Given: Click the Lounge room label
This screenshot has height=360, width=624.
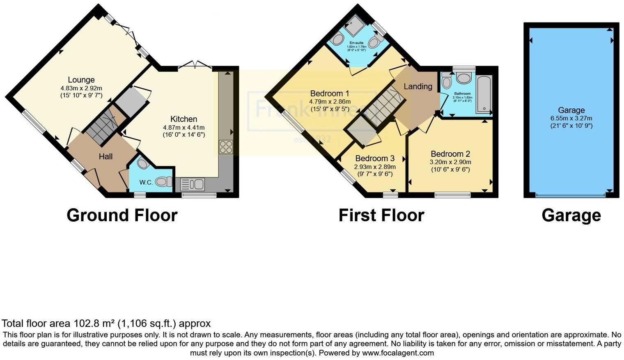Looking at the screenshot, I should [81, 80].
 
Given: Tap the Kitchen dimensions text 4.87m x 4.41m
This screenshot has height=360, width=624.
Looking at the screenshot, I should [184, 128].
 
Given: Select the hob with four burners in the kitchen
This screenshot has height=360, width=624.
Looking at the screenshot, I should [225, 147].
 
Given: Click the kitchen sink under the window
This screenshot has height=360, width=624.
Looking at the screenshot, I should [192, 184].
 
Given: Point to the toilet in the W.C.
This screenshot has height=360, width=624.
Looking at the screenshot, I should [163, 182].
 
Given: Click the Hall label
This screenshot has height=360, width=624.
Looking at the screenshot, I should [106, 156].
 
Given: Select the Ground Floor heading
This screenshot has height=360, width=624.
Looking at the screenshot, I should [122, 216].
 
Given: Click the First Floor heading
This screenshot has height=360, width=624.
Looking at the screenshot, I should [381, 216].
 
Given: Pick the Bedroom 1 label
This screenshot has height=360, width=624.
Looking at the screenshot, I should [330, 94].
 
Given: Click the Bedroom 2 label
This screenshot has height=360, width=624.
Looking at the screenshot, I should [450, 154].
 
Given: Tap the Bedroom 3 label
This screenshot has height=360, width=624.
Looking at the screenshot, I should [374, 158].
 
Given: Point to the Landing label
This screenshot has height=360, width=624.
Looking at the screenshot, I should [418, 87].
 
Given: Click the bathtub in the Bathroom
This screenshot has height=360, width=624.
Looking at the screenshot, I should [484, 94].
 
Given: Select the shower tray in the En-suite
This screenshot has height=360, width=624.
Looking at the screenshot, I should [354, 26].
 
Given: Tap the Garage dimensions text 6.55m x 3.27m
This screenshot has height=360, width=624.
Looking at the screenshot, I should [571, 118].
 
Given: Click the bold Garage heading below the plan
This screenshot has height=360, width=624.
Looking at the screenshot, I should [571, 216].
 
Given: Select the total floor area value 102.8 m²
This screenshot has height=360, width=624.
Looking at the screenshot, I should [94, 323].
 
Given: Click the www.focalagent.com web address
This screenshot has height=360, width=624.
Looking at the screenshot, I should [397, 353].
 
